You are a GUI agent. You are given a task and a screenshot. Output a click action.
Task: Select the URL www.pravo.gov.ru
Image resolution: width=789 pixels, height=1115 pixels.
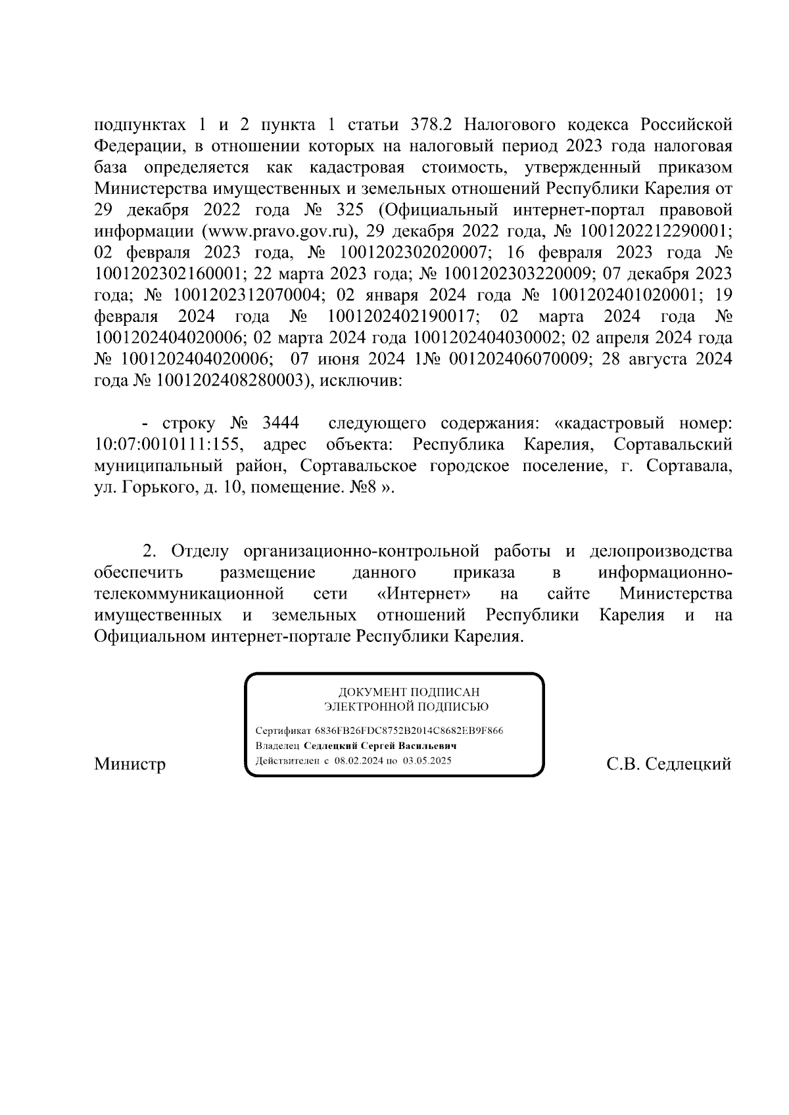coord(279,231)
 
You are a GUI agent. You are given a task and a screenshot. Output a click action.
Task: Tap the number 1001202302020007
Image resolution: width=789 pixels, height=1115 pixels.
coord(414,253)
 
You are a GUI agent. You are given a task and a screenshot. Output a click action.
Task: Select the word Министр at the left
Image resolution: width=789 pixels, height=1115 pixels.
coord(130,764)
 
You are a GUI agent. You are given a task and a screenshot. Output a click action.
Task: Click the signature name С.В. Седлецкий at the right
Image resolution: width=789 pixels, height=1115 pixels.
coord(669,764)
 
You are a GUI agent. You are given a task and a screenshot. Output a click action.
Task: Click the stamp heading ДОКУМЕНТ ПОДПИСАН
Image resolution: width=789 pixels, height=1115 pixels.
coord(408,693)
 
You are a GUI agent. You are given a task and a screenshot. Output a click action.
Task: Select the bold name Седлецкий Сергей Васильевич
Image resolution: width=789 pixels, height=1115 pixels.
coord(380,746)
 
